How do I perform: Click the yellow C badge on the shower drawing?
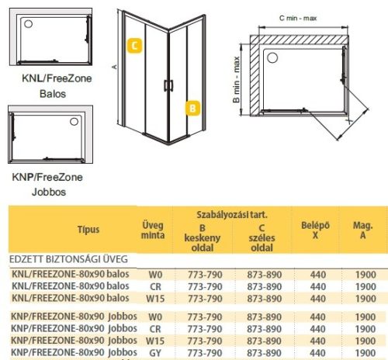tap(135, 45)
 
